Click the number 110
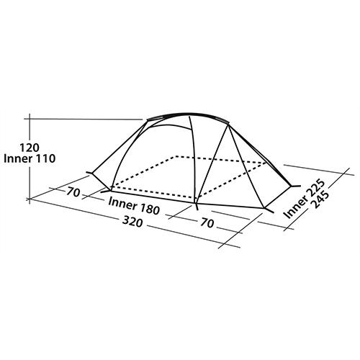pyautogui.click(x=46, y=158)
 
